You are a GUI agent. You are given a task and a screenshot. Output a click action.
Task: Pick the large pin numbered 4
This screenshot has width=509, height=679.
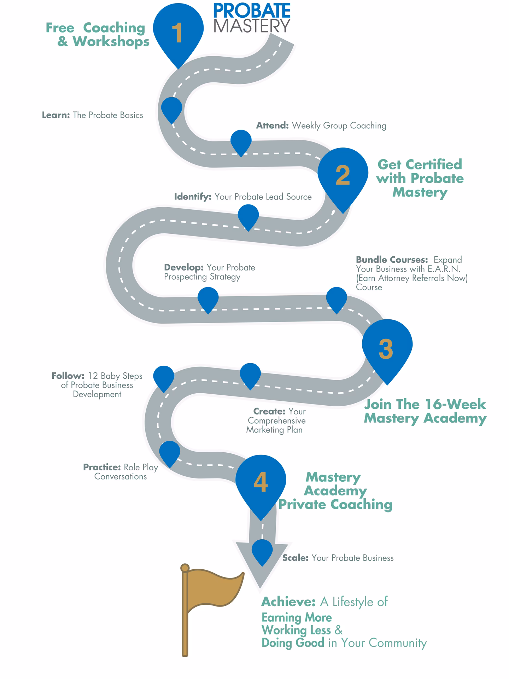pyautogui.click(x=261, y=483)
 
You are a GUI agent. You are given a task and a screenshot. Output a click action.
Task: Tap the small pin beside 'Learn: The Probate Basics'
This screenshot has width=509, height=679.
pyautogui.click(x=172, y=109)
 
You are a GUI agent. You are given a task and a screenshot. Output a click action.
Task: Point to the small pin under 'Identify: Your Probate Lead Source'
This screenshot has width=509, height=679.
pyautogui.click(x=248, y=216)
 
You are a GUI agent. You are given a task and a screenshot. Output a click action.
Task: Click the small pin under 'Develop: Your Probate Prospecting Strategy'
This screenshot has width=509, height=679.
pyautogui.click(x=208, y=298)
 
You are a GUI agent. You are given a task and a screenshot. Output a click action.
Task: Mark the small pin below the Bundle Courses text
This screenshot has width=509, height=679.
pyautogui.click(x=337, y=298)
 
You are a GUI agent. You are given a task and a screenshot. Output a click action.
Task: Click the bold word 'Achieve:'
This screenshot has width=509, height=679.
pyautogui.click(x=288, y=602)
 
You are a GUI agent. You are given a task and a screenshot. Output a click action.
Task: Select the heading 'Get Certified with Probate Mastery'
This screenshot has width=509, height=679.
pyautogui.click(x=420, y=178)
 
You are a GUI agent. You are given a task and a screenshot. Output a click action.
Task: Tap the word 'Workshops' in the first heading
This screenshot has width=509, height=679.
pyautogui.click(x=111, y=42)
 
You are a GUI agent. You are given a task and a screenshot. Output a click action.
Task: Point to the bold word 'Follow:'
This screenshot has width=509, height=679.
pyautogui.click(x=68, y=376)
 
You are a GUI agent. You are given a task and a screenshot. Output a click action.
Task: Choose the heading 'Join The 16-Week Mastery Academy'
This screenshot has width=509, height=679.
pyautogui.click(x=425, y=411)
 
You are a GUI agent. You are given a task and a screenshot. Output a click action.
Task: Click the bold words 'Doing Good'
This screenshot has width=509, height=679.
pyautogui.click(x=293, y=643)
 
